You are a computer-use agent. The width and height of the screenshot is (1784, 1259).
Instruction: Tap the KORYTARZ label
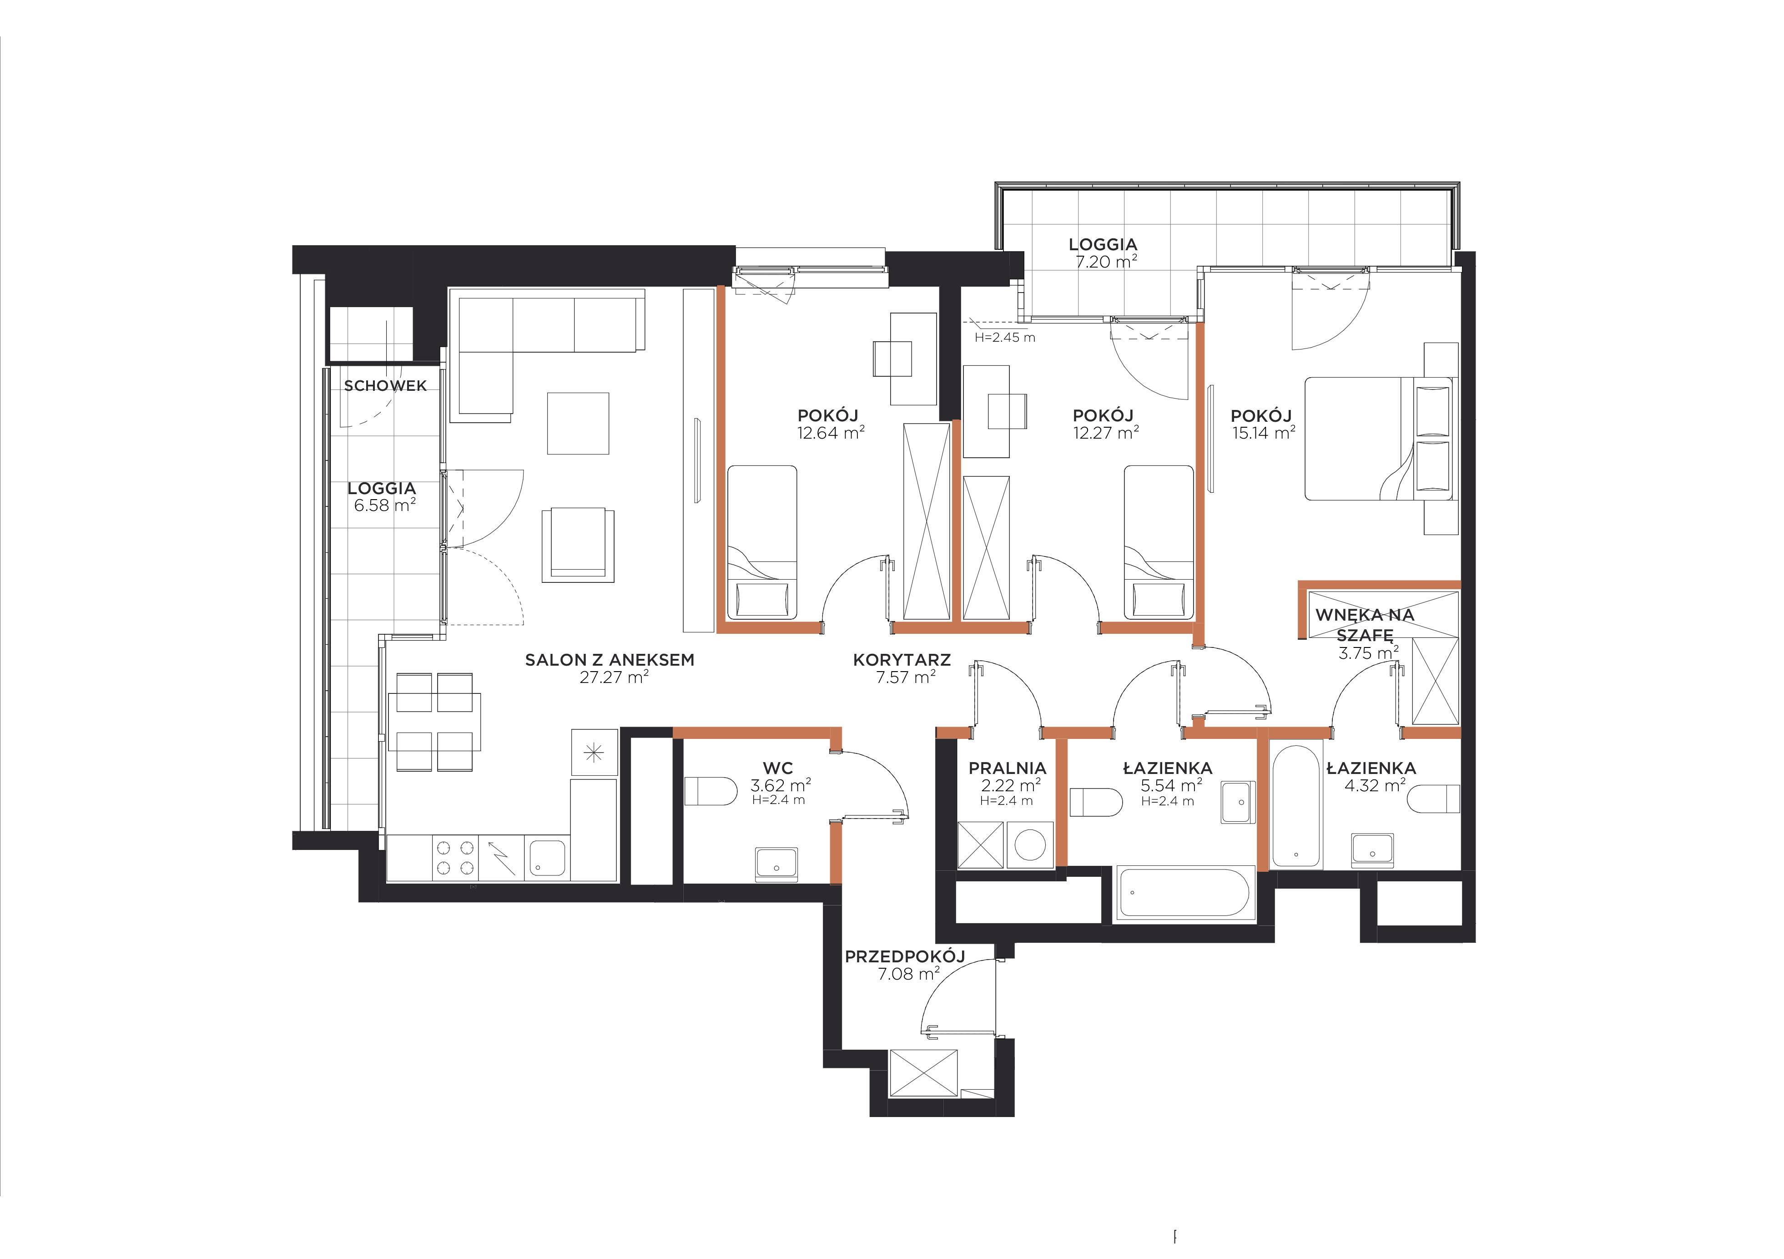[x=901, y=660]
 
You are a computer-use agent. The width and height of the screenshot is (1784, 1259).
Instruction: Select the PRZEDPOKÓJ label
[x=904, y=956]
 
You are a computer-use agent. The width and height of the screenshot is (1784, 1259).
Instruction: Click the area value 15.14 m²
[x=1264, y=433]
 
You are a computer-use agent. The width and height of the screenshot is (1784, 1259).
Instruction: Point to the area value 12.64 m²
[x=831, y=433]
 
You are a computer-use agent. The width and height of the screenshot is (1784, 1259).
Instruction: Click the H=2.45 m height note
[x=1005, y=337]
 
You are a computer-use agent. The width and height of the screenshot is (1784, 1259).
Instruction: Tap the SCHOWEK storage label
[x=385, y=385]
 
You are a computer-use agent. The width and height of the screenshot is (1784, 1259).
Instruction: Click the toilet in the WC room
[x=710, y=792]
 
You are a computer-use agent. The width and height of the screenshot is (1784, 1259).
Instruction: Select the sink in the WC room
[x=776, y=864]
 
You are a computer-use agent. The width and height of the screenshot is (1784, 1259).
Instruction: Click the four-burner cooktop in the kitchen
[x=455, y=858]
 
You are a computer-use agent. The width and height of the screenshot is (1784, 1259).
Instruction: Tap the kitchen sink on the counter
[x=548, y=858]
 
